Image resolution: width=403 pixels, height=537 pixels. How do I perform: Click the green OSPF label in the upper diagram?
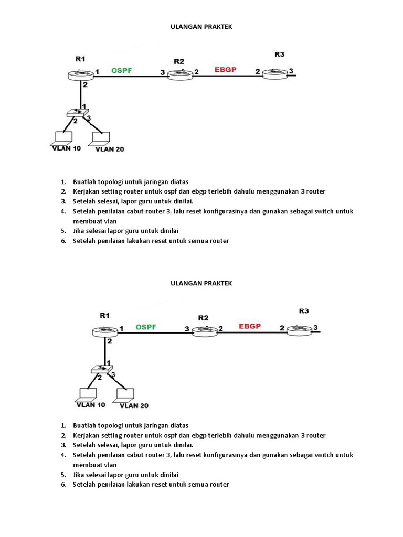point(121,70)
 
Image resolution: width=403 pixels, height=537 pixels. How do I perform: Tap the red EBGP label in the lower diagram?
point(250,326)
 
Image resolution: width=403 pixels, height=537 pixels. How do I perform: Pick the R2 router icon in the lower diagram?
point(204,330)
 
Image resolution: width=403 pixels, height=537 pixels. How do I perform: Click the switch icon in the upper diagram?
point(78,113)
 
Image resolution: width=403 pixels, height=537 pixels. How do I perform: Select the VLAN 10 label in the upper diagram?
point(67,148)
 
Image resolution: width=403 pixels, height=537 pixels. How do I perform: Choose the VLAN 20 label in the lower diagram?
point(134,405)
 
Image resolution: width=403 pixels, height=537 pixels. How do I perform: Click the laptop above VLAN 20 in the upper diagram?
point(100,137)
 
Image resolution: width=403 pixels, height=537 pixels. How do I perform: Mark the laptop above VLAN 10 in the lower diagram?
point(87,394)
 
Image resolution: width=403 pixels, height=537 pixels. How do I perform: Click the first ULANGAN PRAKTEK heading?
point(201,27)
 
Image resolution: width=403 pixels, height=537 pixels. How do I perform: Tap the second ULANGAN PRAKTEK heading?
point(201,283)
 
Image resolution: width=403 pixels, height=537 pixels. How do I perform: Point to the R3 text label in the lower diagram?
point(304,311)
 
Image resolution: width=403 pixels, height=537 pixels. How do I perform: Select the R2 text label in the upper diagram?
point(179,61)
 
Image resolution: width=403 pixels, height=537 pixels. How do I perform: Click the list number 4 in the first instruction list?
point(62,211)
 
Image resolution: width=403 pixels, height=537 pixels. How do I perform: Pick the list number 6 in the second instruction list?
point(62,485)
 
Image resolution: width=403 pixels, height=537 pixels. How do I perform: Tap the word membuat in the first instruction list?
point(87,221)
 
